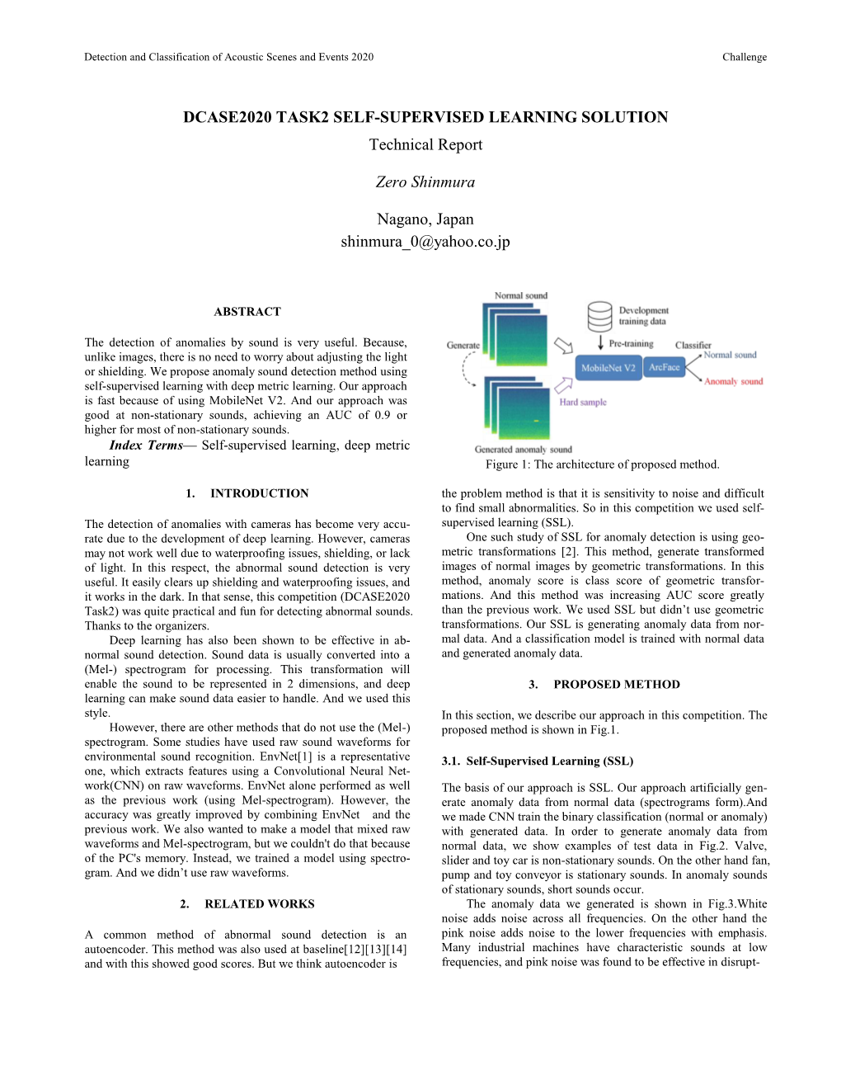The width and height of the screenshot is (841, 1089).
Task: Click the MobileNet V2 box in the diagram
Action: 608,368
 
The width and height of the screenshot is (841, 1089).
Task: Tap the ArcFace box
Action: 665,367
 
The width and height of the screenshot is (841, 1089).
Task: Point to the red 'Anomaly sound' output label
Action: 733,381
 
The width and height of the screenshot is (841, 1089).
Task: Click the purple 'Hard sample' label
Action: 583,403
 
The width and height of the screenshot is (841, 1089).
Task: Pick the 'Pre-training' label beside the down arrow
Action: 631,343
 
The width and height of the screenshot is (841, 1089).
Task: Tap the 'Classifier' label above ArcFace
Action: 693,345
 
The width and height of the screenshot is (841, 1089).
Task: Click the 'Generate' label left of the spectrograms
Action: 463,345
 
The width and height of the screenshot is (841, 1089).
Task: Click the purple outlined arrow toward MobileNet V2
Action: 564,385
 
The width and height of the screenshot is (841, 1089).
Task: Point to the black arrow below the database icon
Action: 600,342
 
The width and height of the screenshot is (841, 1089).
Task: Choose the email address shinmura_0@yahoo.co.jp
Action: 425,242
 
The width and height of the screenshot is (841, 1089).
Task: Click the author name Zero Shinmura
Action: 425,182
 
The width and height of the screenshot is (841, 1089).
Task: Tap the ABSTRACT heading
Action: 247,312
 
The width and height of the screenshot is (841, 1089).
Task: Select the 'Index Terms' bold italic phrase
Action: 146,445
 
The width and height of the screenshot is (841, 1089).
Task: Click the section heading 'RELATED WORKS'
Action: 259,904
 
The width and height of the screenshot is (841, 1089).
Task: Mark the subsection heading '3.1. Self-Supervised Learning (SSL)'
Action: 537,761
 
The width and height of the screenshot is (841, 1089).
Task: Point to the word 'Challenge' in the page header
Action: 744,57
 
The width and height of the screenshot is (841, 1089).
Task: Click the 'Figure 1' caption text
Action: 602,464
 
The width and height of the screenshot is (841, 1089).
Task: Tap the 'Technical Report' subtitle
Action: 425,145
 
